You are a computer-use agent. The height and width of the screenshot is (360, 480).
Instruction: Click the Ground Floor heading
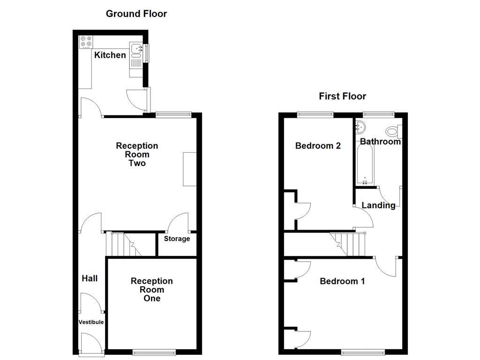[136, 14]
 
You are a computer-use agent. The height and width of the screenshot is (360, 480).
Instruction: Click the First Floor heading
[342, 96]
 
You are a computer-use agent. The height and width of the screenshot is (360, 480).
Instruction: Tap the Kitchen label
[110, 55]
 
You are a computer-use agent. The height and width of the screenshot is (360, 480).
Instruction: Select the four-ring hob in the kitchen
[86, 42]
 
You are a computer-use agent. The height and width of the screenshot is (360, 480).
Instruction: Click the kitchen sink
[136, 51]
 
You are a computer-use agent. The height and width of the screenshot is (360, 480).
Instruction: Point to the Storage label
[177, 239]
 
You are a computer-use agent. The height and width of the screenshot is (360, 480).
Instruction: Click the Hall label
[90, 278]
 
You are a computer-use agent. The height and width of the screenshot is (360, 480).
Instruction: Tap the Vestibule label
[91, 322]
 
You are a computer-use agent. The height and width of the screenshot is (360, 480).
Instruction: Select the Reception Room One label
[152, 290]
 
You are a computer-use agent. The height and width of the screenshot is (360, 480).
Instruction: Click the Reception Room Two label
[137, 154]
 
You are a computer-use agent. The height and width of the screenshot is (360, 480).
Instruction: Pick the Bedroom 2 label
[318, 146]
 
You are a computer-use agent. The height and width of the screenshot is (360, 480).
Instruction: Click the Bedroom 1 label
[342, 281]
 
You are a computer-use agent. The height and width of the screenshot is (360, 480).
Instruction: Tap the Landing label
[378, 205]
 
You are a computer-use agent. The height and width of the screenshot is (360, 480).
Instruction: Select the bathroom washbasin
[360, 127]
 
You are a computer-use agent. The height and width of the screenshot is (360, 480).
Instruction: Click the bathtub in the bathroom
[365, 164]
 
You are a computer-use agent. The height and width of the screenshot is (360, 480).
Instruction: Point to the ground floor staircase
[124, 244]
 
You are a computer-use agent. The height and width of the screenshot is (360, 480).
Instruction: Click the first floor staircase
[348, 244]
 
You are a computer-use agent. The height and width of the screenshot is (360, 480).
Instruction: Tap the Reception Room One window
[154, 352]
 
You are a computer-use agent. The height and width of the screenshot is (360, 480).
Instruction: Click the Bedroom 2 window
[315, 115]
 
